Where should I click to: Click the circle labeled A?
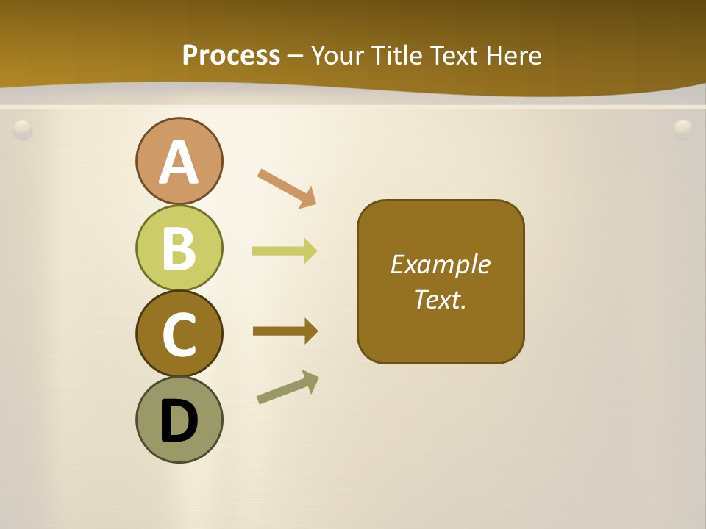179,161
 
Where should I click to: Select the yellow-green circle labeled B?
179,248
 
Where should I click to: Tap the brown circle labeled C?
179,334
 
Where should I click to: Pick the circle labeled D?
179,420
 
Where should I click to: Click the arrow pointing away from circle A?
287,188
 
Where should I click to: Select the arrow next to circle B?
285,251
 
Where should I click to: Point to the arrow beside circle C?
285,331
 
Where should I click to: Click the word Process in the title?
231,55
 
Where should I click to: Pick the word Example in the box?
441,264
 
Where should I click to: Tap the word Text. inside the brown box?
441,299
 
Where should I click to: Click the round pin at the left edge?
23,129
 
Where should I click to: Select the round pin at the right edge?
683,129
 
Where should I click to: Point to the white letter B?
179,248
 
